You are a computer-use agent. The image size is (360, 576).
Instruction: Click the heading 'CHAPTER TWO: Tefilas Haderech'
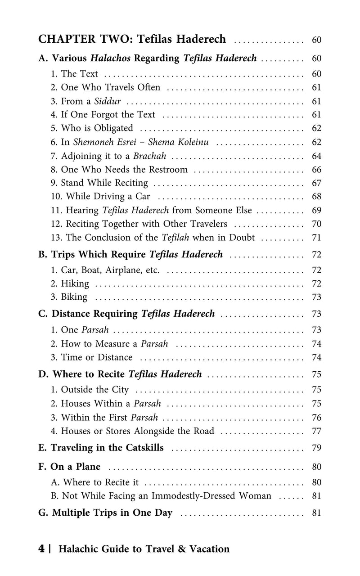pos(132,39)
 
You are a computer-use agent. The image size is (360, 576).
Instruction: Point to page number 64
pos(316,156)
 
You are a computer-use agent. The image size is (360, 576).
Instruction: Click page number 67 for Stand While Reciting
pos(316,183)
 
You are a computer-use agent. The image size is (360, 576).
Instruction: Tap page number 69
pos(316,210)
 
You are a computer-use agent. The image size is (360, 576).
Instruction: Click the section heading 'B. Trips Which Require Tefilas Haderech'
pos(131,255)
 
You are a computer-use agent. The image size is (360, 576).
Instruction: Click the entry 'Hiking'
pos(75,283)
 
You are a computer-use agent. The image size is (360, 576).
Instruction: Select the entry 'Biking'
pos(74,297)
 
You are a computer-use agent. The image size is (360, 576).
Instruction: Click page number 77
pos(316,431)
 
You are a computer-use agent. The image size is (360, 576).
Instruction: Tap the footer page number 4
pos(41,549)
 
